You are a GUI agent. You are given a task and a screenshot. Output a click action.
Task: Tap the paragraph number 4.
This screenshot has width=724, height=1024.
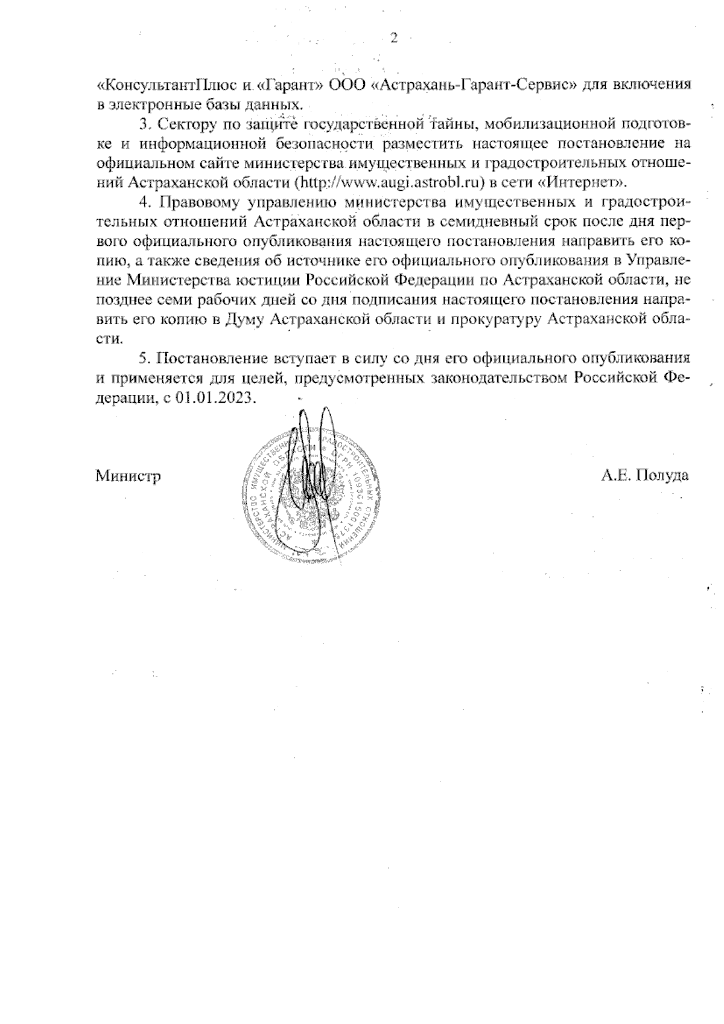click(144, 201)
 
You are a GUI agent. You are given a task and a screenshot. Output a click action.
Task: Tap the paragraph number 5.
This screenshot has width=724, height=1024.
click(144, 358)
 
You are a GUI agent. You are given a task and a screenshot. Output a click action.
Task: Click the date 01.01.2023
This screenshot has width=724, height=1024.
click(217, 398)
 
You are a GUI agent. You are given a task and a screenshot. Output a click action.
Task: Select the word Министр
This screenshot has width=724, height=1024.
click(128, 475)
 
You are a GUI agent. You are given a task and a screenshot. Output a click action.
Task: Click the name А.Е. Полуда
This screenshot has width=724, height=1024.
click(644, 475)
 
